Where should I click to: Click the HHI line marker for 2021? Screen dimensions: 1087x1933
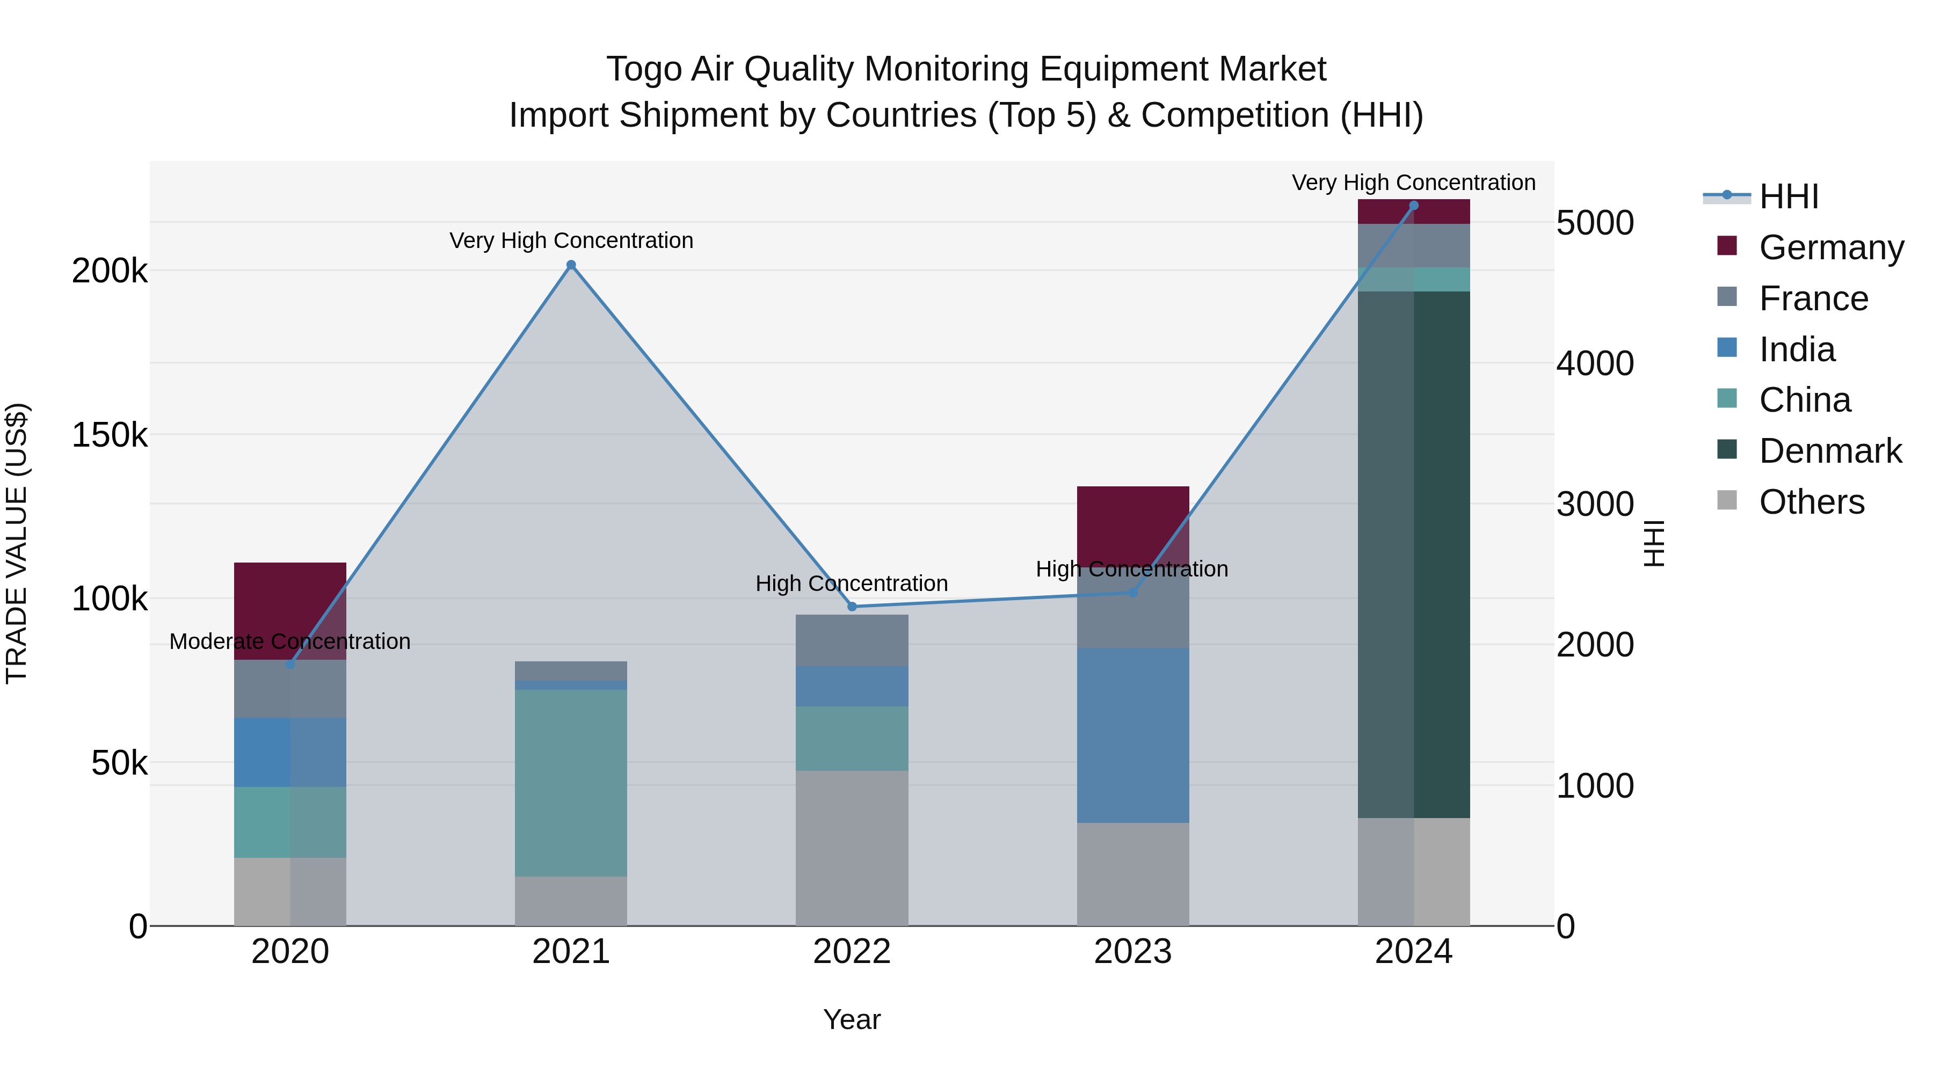(x=571, y=265)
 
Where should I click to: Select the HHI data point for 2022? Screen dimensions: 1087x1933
(x=852, y=606)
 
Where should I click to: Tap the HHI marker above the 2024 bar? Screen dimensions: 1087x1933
(x=1414, y=206)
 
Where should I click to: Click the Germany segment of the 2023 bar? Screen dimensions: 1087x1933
(x=1133, y=525)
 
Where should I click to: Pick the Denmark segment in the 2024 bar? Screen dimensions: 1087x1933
(x=1414, y=555)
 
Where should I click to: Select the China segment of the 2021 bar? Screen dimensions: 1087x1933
(x=571, y=783)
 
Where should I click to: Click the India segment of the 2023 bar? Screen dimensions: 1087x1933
(x=1133, y=735)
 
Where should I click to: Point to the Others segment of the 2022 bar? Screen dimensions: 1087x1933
(x=852, y=848)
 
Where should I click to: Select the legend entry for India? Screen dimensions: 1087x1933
(x=1797, y=349)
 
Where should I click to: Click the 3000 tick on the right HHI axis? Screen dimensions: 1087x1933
(x=1595, y=504)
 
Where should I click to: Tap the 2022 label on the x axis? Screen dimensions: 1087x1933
(x=852, y=952)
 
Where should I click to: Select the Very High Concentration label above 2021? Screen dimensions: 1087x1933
(x=571, y=241)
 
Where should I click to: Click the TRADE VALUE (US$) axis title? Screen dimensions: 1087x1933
(x=17, y=543)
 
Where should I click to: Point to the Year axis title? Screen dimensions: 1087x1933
(x=852, y=1019)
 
